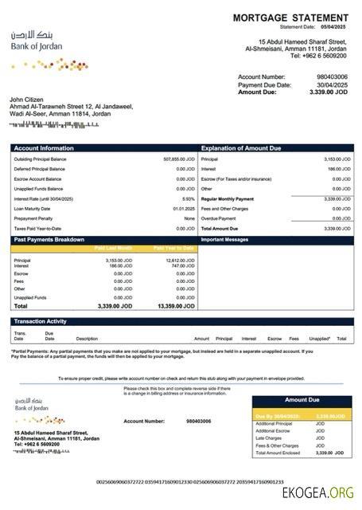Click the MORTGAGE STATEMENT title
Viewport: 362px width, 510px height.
(290, 18)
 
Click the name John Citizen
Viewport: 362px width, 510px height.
(28, 98)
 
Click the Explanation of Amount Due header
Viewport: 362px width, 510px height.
(242, 148)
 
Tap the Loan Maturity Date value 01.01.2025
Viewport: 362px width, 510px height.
(185, 208)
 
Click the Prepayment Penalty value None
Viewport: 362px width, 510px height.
(189, 218)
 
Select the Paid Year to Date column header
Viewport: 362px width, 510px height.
(174, 248)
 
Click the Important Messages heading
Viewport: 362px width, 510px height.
(226, 239)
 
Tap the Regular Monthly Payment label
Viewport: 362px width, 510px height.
(228, 198)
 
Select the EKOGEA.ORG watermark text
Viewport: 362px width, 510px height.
(317, 493)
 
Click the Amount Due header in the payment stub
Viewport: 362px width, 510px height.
(302, 400)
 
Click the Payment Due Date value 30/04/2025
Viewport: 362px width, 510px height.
(332, 84)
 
